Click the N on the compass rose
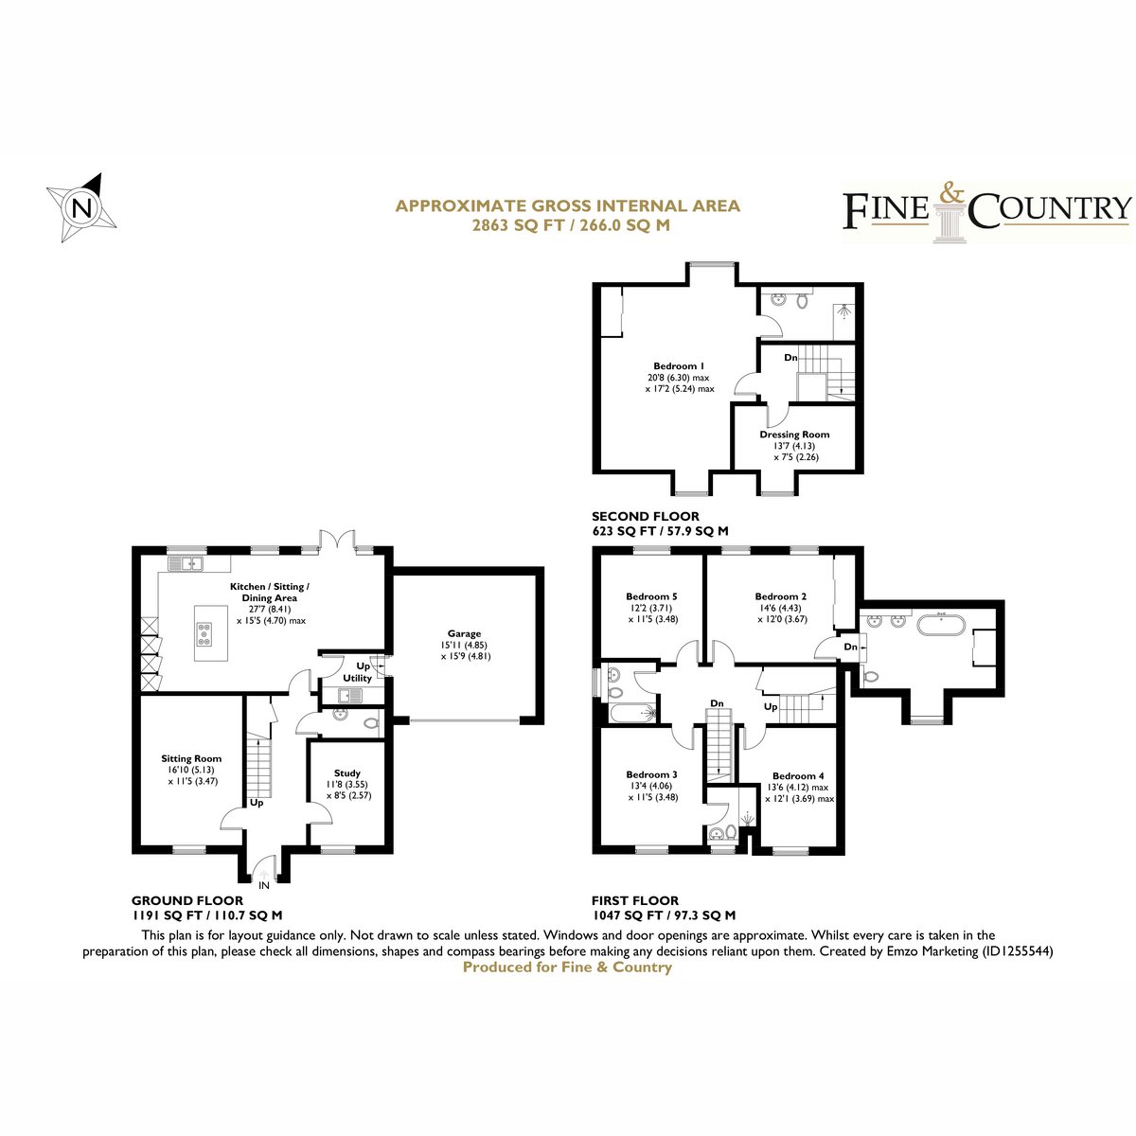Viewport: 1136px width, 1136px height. [82, 208]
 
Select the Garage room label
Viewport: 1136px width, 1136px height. [464, 633]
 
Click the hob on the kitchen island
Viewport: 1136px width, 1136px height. [204, 633]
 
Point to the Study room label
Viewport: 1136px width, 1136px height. [346, 772]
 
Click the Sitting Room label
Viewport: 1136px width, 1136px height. [191, 758]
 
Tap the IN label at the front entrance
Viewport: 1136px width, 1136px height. [263, 885]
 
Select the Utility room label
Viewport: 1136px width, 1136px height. [357, 678]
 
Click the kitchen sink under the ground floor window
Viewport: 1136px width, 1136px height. [186, 563]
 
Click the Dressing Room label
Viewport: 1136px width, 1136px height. [794, 435]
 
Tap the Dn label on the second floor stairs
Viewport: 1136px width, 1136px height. [790, 357]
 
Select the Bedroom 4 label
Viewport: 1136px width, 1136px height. [798, 776]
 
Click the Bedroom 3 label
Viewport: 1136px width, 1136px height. [651, 774]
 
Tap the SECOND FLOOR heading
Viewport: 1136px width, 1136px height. [646, 517]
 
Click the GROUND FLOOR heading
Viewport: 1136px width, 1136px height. [186, 900]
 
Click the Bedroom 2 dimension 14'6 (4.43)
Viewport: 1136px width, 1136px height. [782, 608]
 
